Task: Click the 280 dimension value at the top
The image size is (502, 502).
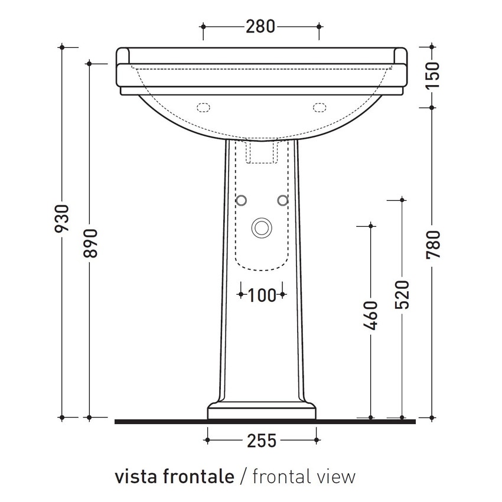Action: click(260, 27)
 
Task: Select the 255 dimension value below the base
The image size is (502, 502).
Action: click(261, 440)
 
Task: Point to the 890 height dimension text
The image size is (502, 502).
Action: click(90, 243)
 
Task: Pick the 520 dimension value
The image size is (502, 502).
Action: click(402, 295)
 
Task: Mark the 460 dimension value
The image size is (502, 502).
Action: click(371, 318)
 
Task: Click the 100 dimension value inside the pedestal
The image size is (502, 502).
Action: click(262, 295)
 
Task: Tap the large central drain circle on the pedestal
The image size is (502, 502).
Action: click(261, 227)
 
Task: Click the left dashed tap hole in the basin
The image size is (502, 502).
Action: click(203, 107)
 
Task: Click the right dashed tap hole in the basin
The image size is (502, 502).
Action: click(320, 107)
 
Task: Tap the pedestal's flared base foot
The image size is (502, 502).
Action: click(262, 412)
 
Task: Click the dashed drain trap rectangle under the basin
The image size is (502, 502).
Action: click(261, 152)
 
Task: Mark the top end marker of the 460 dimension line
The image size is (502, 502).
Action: click(371, 225)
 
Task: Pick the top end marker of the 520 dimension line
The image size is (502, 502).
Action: click(402, 200)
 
